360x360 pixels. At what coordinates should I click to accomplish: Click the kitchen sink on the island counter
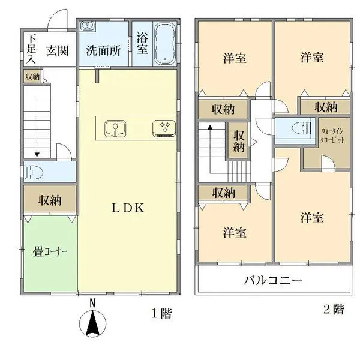pos(113,128)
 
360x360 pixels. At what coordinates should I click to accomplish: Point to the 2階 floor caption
pos(334,310)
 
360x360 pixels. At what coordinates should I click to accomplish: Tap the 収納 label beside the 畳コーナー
pos(50,200)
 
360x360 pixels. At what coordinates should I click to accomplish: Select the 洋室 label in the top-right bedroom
pos(313,58)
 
